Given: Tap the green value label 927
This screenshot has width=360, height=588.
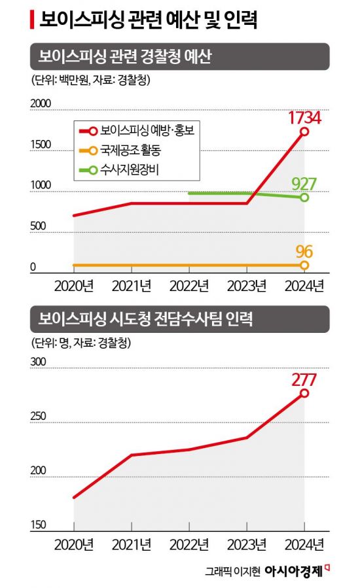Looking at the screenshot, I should [x=304, y=183].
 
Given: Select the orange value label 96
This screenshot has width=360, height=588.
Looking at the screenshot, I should [x=304, y=251].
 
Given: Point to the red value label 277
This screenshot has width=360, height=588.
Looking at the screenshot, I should [x=304, y=379].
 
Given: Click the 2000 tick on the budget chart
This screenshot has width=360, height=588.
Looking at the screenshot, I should [x=41, y=104].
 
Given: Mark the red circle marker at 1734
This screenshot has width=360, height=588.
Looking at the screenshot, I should [x=304, y=131].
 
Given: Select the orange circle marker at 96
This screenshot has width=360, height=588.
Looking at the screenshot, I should [x=304, y=266].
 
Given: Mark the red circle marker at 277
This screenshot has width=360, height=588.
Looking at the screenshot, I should [x=304, y=393].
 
